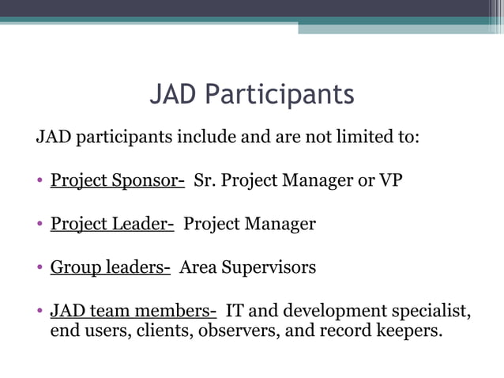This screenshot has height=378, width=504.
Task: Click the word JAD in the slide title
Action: [174, 95]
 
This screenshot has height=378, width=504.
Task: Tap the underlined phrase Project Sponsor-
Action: [117, 180]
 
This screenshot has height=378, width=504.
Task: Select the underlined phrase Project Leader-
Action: [112, 224]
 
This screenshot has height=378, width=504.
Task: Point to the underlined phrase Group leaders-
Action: [110, 267]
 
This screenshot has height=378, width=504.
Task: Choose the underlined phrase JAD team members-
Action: [133, 311]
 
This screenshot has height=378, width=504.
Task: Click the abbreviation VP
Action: [390, 180]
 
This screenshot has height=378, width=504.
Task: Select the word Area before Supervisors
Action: [196, 267]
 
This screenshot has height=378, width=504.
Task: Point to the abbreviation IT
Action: [235, 311]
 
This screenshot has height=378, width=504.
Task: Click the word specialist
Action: [431, 311]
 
